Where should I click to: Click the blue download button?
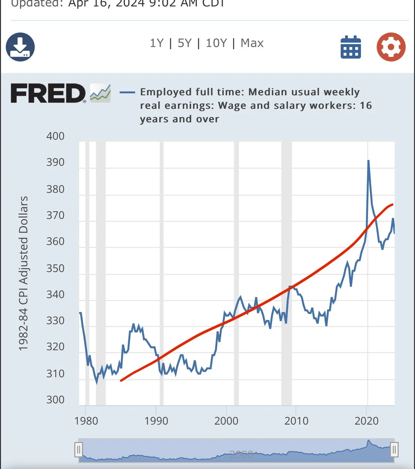[x=20, y=47]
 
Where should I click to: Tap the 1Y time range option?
[x=157, y=43]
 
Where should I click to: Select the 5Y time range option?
[x=185, y=43]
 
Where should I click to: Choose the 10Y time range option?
[x=216, y=43]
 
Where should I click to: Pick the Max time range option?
[x=252, y=43]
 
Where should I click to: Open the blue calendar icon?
[x=351, y=47]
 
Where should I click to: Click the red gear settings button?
[x=391, y=47]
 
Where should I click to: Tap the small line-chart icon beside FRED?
[x=100, y=93]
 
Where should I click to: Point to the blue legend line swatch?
[x=127, y=92]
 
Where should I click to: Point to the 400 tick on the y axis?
[x=55, y=136]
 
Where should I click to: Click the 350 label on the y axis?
[x=55, y=268]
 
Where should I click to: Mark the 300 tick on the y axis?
[x=55, y=400]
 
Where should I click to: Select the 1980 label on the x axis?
[x=86, y=421]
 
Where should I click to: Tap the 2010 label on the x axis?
[x=296, y=421]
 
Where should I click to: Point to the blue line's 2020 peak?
[x=368, y=161]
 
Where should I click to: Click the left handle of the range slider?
[x=78, y=450]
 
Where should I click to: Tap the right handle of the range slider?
[x=394, y=450]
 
